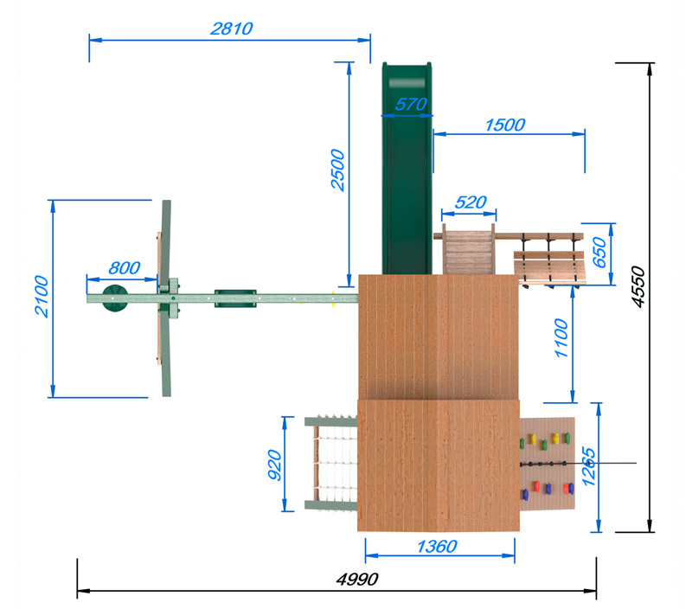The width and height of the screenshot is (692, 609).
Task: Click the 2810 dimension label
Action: click(232, 29)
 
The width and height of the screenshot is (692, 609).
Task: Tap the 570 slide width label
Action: click(411, 104)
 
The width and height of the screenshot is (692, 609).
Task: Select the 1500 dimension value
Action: click(505, 125)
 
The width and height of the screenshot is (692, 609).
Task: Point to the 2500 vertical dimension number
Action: click(338, 170)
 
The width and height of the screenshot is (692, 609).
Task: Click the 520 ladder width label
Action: click(471, 202)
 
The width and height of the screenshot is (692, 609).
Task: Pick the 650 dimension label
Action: click(599, 252)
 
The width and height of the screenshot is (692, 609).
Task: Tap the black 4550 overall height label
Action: click(638, 286)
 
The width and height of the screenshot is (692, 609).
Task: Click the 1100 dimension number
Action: click(561, 338)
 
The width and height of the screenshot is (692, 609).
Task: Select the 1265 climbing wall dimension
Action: click(589, 466)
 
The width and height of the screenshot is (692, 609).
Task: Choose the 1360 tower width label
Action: click(438, 547)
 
